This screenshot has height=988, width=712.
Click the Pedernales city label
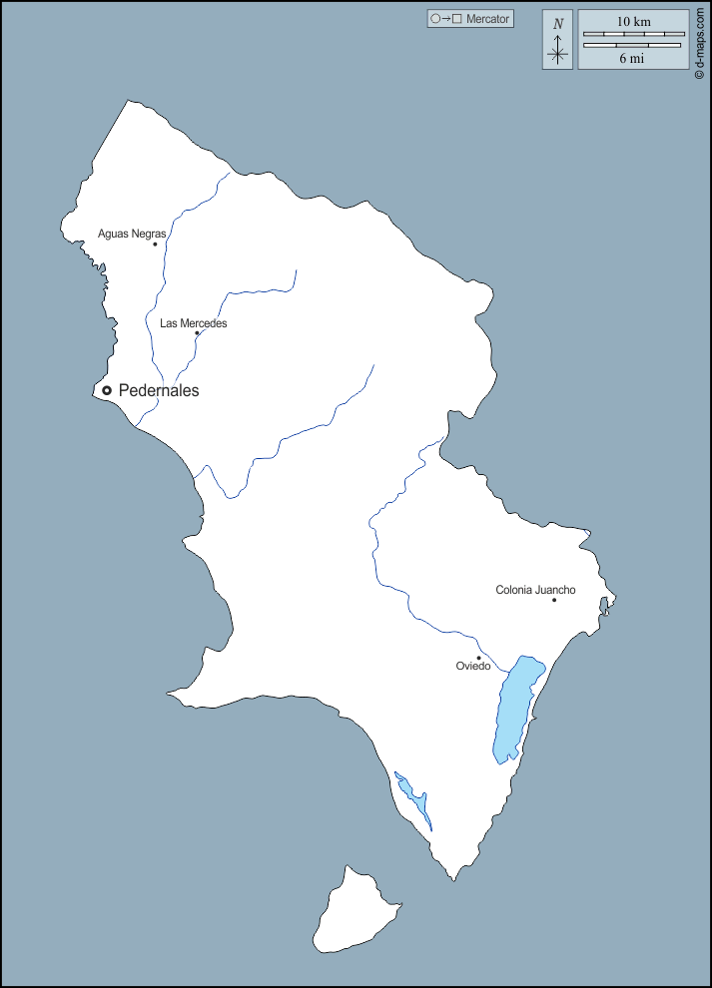click(x=159, y=391)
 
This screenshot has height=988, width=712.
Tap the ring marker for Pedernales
click(x=107, y=390)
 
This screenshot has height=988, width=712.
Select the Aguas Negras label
click(x=132, y=234)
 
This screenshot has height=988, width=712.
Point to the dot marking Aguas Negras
click(x=155, y=244)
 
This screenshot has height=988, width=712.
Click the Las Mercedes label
click(x=194, y=323)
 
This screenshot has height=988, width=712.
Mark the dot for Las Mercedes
click(x=197, y=333)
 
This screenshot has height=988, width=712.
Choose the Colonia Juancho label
click(x=535, y=590)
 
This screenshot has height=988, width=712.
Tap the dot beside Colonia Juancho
click(x=554, y=600)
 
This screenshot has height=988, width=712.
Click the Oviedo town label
click(x=473, y=666)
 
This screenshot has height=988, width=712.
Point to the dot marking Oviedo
click(x=478, y=658)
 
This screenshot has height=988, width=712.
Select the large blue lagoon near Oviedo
click(x=516, y=709)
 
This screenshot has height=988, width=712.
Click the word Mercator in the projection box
click(x=488, y=19)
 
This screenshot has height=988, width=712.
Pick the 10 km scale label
click(x=633, y=21)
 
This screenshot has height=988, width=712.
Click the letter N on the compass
click(x=558, y=23)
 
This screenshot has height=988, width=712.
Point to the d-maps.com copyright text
click(x=700, y=41)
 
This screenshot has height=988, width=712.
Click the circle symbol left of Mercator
click(x=435, y=19)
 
